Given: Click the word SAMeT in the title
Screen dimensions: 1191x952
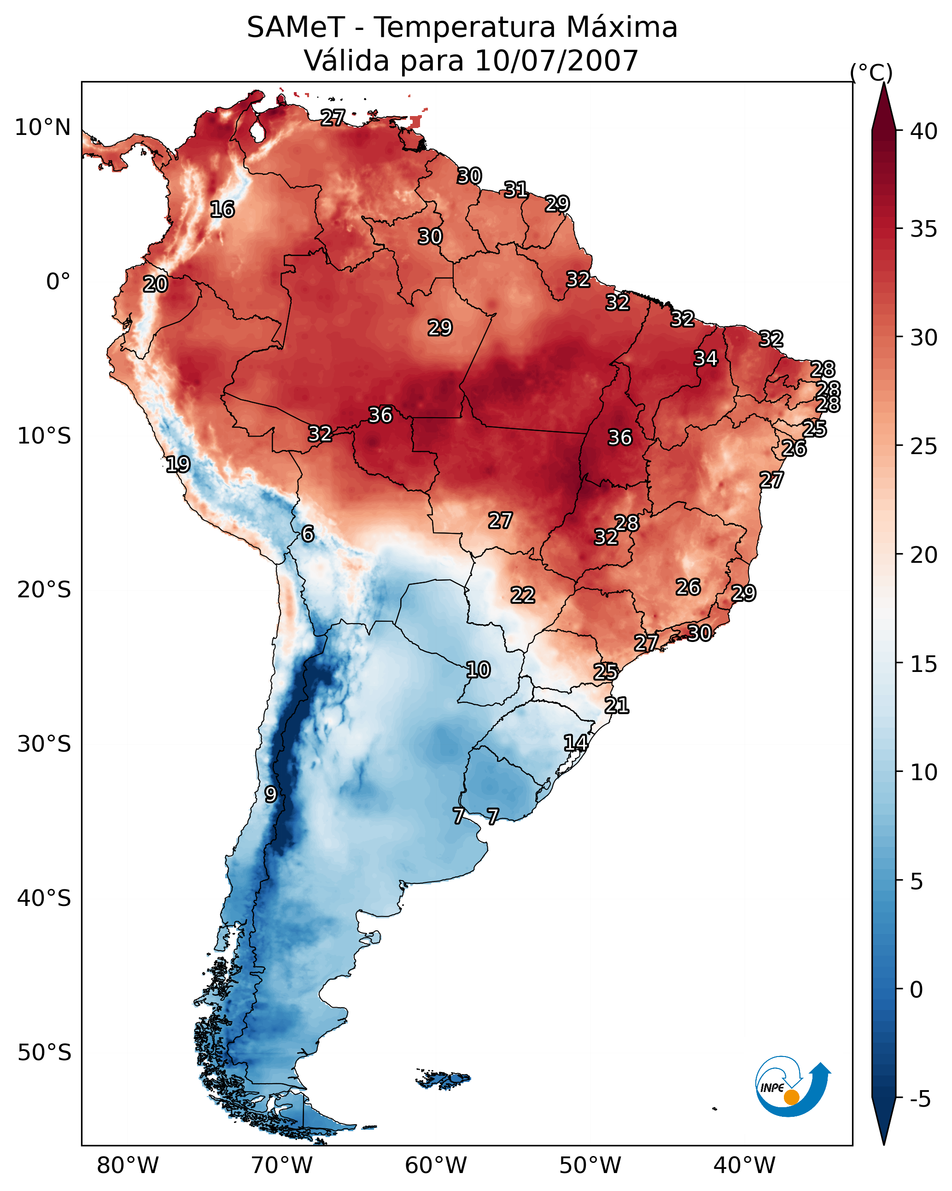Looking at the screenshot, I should [296, 28].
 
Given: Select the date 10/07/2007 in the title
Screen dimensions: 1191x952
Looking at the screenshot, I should [556, 61].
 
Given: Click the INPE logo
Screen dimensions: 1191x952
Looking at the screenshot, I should [792, 1089].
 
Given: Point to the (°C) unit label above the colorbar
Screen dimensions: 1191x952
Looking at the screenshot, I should [871, 72].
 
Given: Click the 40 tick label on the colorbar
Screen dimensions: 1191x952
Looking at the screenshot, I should [923, 131].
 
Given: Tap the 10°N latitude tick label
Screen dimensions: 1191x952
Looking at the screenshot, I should [42, 128].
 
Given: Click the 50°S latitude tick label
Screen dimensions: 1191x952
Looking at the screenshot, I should [44, 1053].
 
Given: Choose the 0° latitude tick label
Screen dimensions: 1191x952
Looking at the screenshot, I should [58, 282].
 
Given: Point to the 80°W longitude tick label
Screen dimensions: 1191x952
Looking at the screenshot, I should [128, 1165].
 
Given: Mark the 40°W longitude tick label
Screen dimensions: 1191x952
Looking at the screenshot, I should [744, 1165].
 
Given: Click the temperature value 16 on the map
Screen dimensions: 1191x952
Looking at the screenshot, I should [222, 210].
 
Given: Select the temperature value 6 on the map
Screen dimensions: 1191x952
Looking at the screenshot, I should [308, 534].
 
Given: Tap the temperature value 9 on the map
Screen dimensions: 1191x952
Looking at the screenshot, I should [270, 794].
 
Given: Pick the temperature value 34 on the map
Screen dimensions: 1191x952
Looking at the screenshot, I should [706, 358].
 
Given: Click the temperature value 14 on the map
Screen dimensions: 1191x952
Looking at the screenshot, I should [575, 743].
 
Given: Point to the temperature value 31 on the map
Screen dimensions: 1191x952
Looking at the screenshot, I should [515, 190].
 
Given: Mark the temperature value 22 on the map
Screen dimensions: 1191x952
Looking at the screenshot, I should [522, 595].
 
